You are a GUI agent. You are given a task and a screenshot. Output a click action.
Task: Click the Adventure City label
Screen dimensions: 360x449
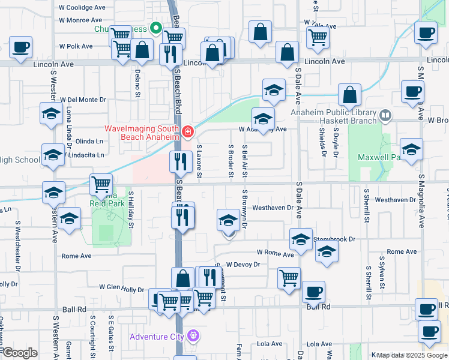pyautogui.click(x=157, y=336)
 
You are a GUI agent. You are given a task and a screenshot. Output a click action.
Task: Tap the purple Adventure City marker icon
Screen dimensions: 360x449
pyautogui.click(x=193, y=335)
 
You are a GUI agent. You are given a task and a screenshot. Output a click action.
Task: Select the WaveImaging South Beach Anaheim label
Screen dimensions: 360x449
pyautogui.click(x=142, y=132)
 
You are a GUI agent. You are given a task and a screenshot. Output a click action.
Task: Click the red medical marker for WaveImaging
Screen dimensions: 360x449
pyautogui.click(x=188, y=131)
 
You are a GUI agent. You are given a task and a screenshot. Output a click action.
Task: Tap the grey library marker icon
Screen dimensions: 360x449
pyautogui.click(x=385, y=114)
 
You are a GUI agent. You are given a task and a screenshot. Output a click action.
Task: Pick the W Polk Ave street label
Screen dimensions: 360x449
pyautogui.click(x=76, y=46)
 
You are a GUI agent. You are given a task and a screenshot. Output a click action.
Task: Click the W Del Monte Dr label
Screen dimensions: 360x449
pyautogui.click(x=82, y=100)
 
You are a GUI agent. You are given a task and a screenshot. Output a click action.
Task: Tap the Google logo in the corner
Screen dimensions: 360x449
pyautogui.click(x=19, y=353)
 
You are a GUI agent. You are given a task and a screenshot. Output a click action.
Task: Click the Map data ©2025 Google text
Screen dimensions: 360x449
pyautogui.click(x=412, y=355)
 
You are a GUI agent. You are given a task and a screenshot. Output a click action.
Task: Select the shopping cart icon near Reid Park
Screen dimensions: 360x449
pyautogui.click(x=101, y=184)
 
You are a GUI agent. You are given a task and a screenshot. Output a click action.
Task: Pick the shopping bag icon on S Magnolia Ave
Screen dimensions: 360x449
pyautogui.click(x=349, y=94)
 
